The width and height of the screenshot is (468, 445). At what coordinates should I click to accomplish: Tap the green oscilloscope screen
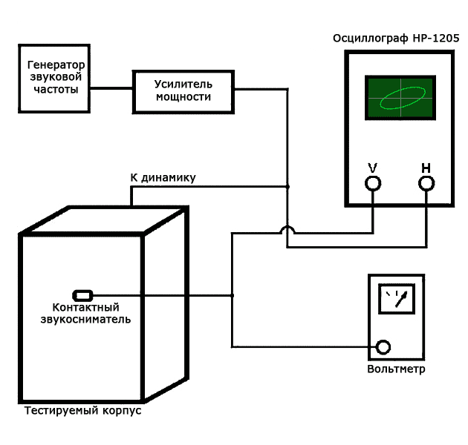[399, 99]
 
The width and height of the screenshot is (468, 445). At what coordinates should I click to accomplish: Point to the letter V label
[372, 167]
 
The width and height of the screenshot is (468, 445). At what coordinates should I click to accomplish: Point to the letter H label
[426, 167]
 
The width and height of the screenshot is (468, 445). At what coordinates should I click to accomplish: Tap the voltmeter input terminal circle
[383, 346]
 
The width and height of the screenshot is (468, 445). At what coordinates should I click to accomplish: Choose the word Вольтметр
[396, 369]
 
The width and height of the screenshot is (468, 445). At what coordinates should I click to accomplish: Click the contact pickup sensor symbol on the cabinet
[82, 295]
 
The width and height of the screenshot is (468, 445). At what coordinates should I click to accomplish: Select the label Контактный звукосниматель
[85, 313]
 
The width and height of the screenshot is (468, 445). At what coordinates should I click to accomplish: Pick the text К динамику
[163, 177]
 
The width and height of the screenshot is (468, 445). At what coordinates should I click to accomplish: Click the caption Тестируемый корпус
[82, 411]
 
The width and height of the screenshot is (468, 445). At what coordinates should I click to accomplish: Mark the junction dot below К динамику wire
[288, 186]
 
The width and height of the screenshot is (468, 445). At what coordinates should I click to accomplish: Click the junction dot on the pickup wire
[233, 295]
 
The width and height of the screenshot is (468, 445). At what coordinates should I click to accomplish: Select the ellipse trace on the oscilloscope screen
[402, 99]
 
